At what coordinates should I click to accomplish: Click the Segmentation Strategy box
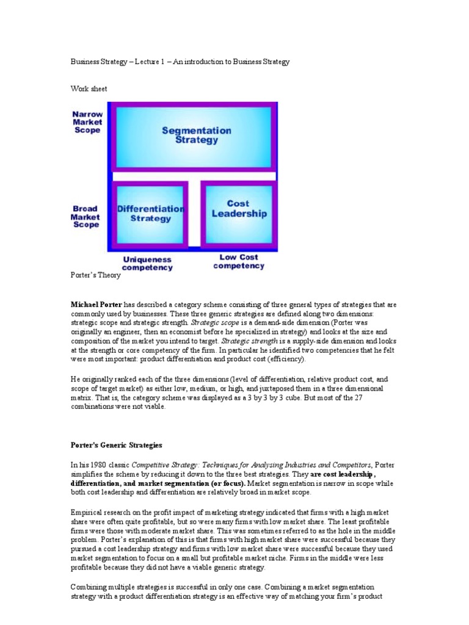pyautogui.click(x=193, y=135)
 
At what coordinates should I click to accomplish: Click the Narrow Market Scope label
pyautogui.click(x=87, y=122)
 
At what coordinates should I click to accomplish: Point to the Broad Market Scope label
pyautogui.click(x=85, y=217)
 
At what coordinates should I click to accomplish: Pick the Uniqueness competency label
pyautogui.click(x=147, y=262)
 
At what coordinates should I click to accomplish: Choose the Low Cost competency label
pyautogui.click(x=239, y=261)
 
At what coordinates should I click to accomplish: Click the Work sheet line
pyautogui.click(x=89, y=89)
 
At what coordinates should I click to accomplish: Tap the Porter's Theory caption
pyautogui.click(x=96, y=275)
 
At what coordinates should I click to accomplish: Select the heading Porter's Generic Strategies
pyautogui.click(x=117, y=445)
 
